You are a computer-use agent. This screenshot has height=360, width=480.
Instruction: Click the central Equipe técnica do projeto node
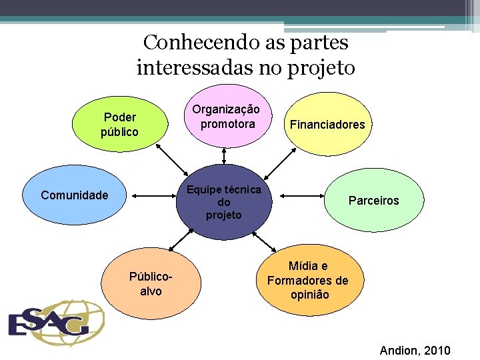[224, 202]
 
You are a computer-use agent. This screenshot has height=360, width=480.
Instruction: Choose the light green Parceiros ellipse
[373, 200]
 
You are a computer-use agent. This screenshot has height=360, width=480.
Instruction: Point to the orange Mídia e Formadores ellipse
[307, 280]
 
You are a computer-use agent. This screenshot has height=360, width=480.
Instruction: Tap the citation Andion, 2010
[415, 351]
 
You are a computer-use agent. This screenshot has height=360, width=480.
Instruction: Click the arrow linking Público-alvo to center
[183, 241]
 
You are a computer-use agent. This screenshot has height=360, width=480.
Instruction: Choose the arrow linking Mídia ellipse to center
[264, 241]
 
